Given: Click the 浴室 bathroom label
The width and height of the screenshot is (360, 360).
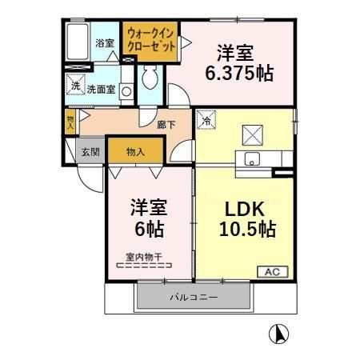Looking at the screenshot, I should pyautogui.click(x=104, y=42).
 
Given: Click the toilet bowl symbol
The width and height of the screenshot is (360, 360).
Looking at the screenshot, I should pyautogui.click(x=149, y=78).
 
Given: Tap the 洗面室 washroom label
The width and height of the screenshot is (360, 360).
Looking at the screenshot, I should pyautogui.click(x=101, y=90).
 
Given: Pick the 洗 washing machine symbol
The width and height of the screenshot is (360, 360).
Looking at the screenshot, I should pyautogui.click(x=75, y=86).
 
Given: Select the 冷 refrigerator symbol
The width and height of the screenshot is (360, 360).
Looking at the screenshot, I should pyautogui.click(x=206, y=122).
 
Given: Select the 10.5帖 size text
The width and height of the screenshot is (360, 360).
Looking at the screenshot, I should pyautogui.click(x=247, y=230).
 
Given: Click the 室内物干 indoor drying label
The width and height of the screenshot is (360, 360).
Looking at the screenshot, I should pyautogui.click(x=145, y=258).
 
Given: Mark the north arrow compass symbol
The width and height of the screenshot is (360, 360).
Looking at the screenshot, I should pyautogui.click(x=278, y=332).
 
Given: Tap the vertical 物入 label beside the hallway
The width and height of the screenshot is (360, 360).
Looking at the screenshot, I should pyautogui.click(x=71, y=122).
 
